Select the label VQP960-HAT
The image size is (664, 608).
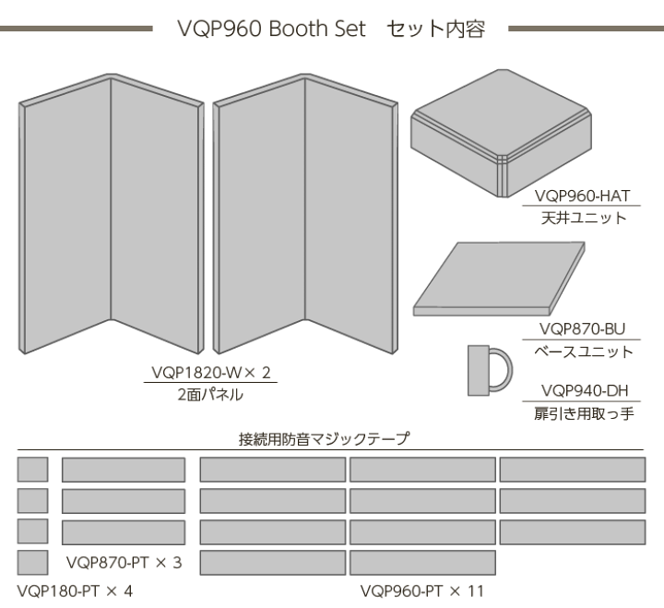(x=580, y=196)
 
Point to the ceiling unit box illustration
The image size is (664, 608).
(x=497, y=130)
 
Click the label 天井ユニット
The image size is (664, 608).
(x=580, y=219)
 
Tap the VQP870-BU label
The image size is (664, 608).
(x=582, y=328)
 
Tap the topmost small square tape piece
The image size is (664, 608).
(x=33, y=470)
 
